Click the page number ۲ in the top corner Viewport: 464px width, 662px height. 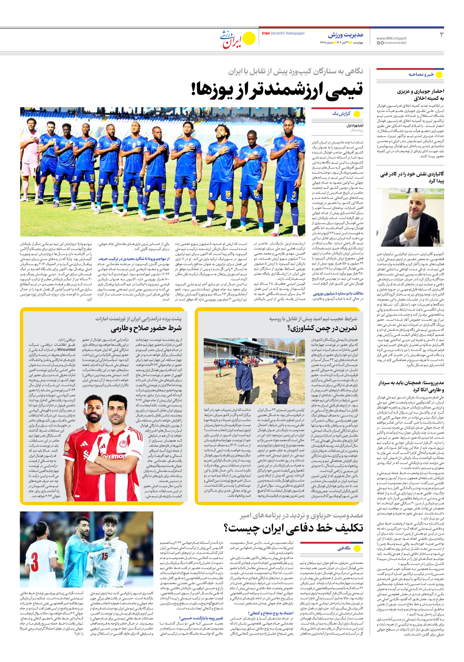(441, 34)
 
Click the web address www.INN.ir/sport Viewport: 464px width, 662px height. (391, 38)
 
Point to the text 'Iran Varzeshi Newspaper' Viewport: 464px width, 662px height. (283, 33)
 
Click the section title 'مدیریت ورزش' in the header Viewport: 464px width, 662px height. (345, 35)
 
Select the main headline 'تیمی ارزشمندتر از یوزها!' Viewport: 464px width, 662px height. (277, 90)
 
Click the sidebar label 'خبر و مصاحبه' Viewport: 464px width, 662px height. (421, 75)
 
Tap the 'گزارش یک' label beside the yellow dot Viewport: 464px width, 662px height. (341, 113)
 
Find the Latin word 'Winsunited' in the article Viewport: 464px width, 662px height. (67, 349)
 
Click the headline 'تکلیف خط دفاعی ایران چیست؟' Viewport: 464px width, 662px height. (294, 527)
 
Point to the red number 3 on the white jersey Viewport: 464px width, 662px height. (35, 561)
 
